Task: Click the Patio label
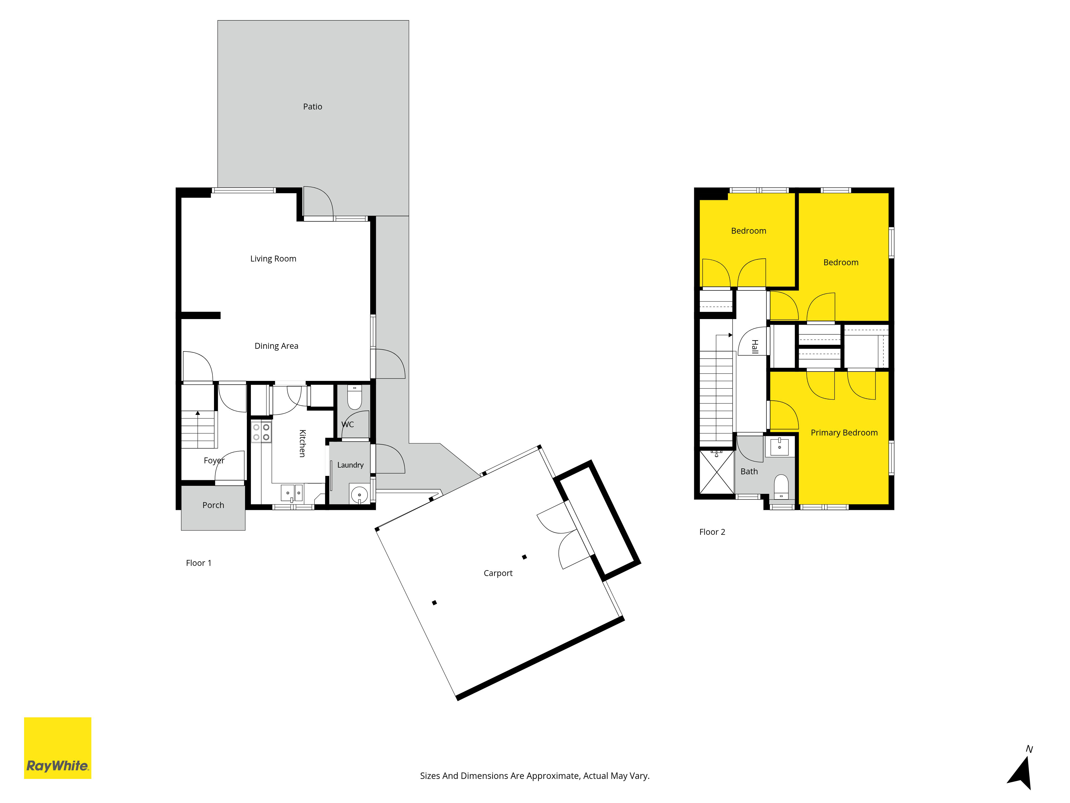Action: (x=312, y=107)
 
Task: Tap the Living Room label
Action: (x=273, y=259)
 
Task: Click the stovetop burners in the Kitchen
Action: (x=261, y=432)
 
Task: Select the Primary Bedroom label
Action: (x=844, y=433)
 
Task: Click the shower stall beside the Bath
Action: (x=716, y=472)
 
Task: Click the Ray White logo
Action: (x=58, y=748)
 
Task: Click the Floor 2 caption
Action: (x=712, y=532)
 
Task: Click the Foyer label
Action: (x=214, y=460)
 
